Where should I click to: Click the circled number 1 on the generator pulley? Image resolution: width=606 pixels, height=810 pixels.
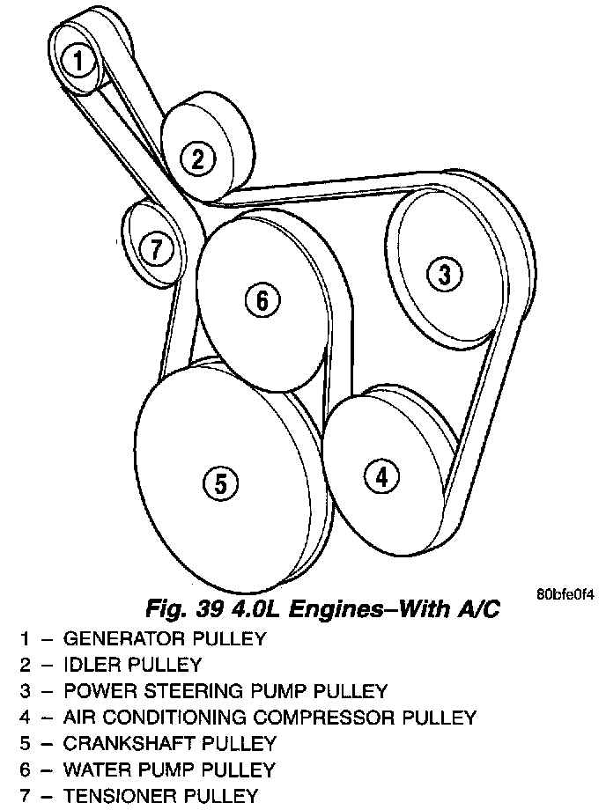tap(79, 61)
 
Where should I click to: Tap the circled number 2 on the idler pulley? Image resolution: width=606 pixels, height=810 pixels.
tap(197, 158)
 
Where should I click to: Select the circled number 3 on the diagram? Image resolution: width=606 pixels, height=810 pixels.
tap(445, 274)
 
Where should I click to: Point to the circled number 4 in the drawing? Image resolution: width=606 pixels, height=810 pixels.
tap(381, 475)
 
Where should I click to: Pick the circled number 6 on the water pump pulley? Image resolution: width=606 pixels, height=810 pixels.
tap(262, 300)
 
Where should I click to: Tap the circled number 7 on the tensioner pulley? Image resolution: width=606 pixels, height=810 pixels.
tap(156, 249)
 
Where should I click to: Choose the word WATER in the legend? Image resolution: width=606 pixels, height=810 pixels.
tap(92, 769)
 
